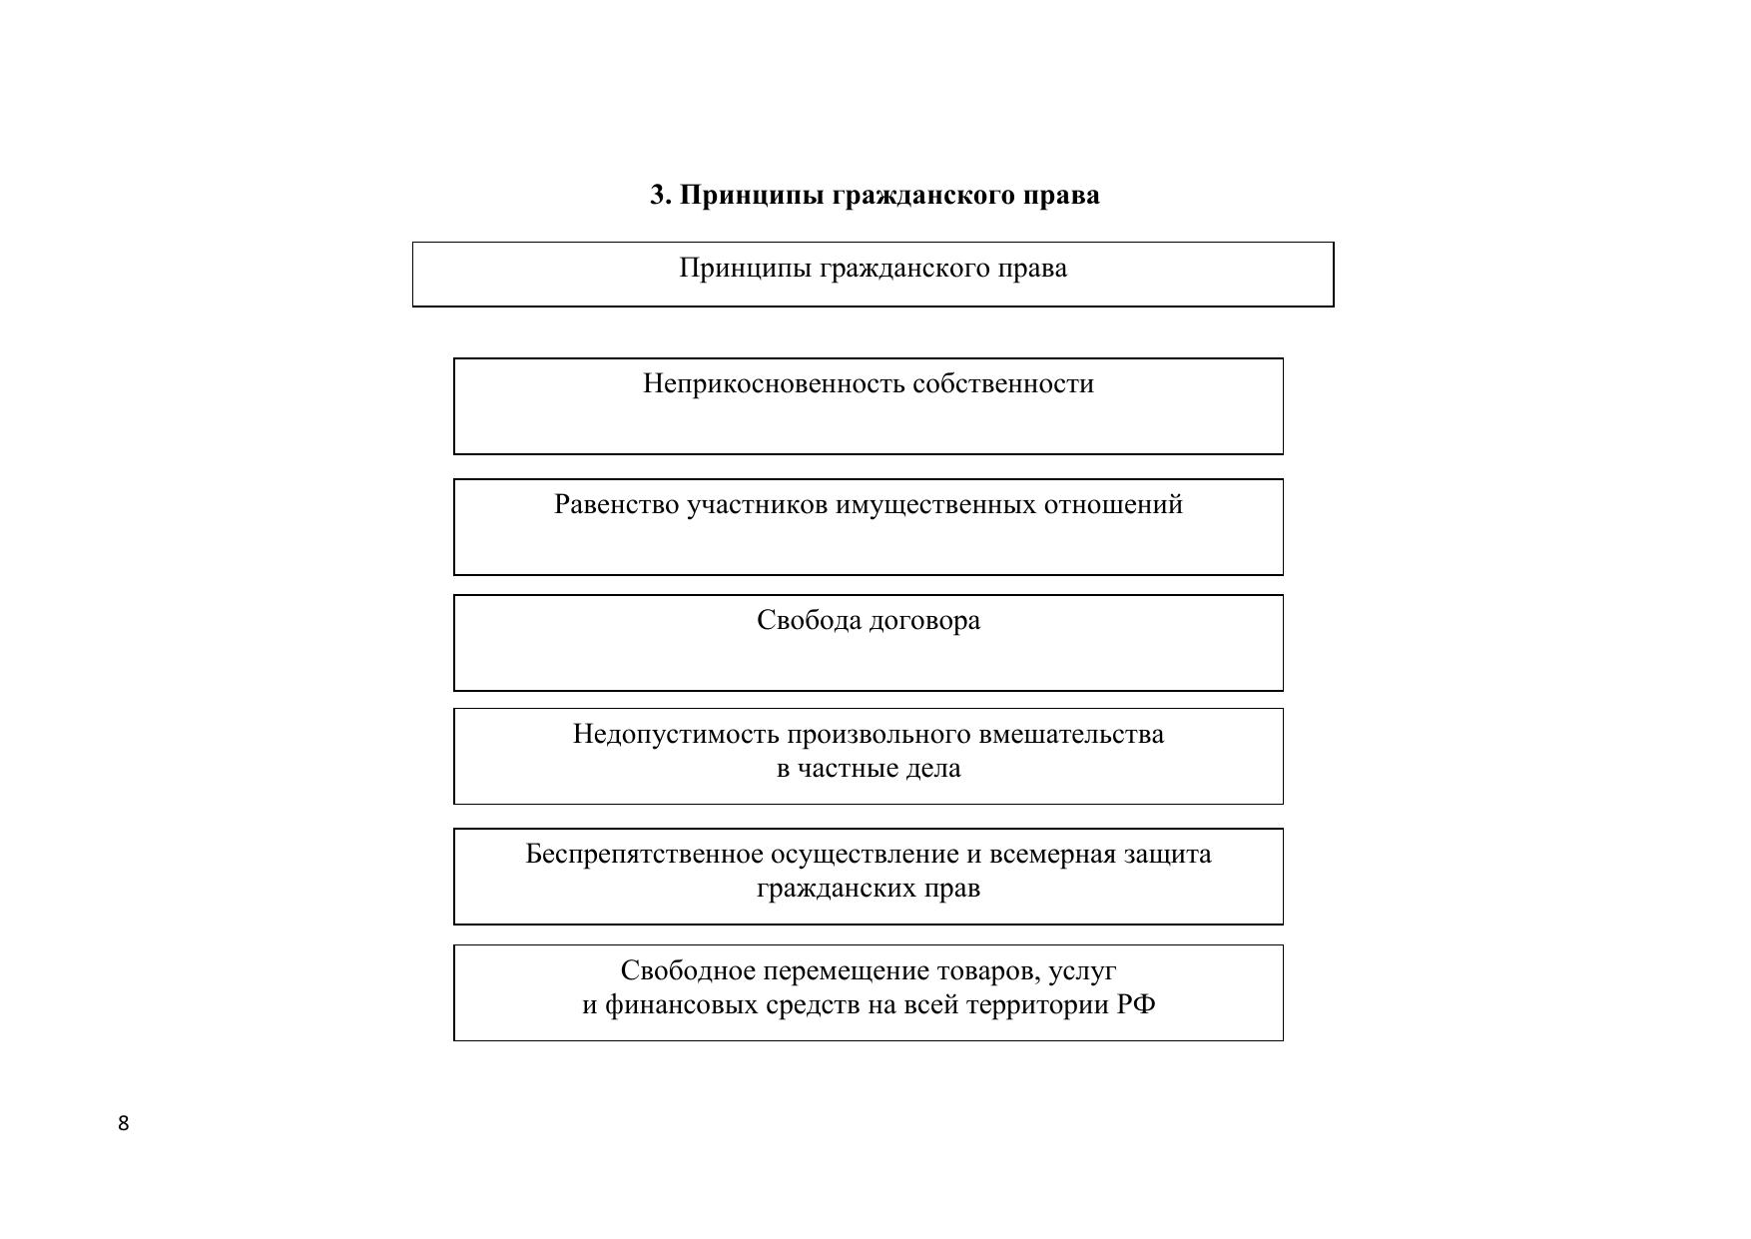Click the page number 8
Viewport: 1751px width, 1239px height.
click(124, 1123)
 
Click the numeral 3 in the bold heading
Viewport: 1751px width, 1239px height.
click(659, 195)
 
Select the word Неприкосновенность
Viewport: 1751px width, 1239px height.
click(774, 384)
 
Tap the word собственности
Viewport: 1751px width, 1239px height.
click(1003, 384)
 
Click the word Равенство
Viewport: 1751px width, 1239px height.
click(617, 505)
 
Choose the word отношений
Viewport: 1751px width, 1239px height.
click(1113, 505)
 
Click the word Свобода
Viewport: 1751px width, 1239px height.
click(809, 621)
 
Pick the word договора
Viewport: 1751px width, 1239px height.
click(924, 621)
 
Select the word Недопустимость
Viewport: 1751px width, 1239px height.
click(676, 735)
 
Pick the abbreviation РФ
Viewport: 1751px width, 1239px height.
click(1136, 1004)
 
